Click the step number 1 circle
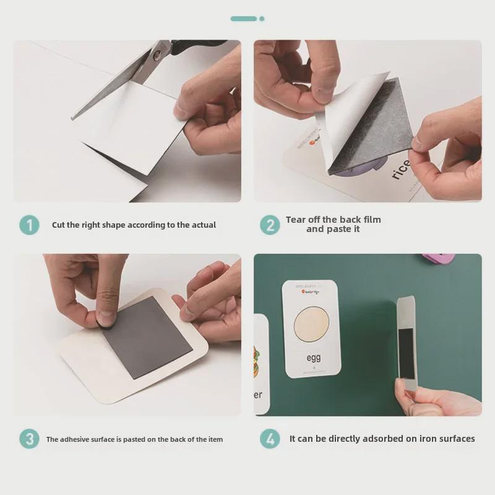[x=29, y=225]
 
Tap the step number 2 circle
[x=269, y=225]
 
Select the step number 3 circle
[x=29, y=439]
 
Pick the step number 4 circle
[x=269, y=439]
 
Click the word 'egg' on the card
[x=314, y=358]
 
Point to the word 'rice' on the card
[x=401, y=168]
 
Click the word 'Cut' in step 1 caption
[x=59, y=225]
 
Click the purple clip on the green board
[x=438, y=257]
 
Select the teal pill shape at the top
[x=243, y=19]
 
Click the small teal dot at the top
[x=262, y=19]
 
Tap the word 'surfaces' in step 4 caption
[x=455, y=439]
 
